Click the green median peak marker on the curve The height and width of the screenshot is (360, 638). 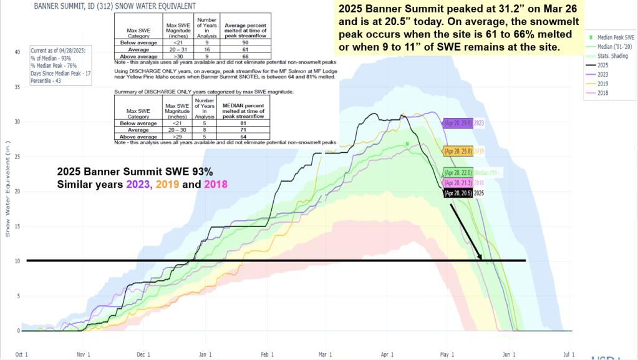coord(407,144)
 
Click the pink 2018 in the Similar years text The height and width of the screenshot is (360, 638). coord(215,184)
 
